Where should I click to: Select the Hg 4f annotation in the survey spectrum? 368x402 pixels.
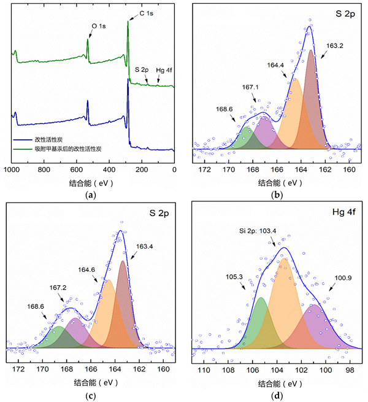165,70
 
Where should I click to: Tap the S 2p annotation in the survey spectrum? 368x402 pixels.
142,70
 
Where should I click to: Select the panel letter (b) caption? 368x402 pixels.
276,195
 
